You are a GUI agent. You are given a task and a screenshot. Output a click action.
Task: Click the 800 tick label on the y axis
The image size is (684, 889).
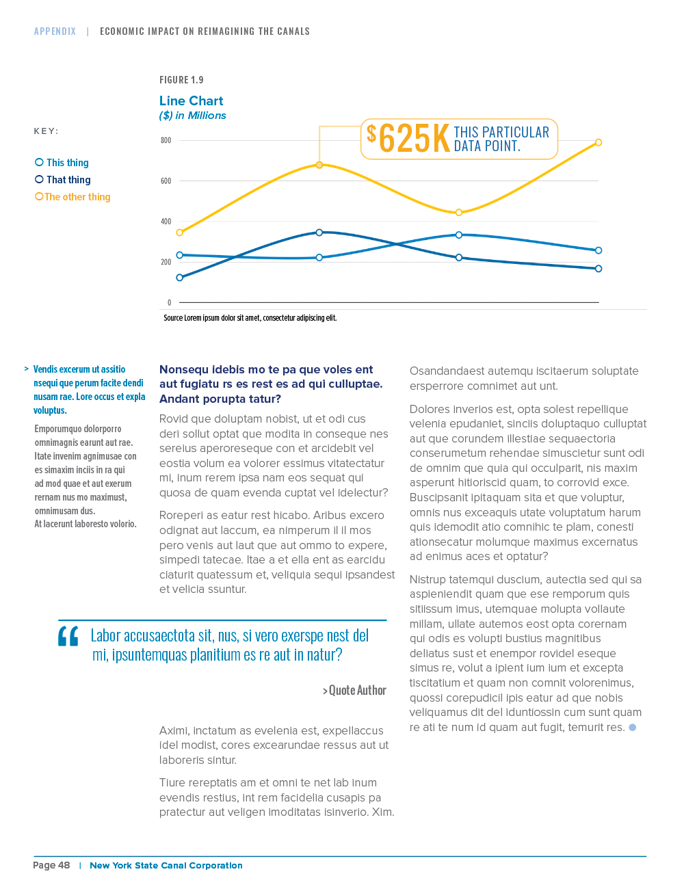pyautogui.click(x=166, y=141)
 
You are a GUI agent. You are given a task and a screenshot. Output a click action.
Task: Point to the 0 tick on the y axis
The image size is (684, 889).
pyautogui.click(x=170, y=303)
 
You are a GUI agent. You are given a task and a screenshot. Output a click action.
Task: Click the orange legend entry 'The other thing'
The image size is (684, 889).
pyautogui.click(x=73, y=197)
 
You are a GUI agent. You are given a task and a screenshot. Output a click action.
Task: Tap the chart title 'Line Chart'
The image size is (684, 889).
pyautogui.click(x=191, y=101)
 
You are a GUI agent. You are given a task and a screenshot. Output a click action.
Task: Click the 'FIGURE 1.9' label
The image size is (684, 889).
pyautogui.click(x=181, y=80)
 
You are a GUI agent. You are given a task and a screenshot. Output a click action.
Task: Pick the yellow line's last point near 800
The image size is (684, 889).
pyautogui.click(x=598, y=142)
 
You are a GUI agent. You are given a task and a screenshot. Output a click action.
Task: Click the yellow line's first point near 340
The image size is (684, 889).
pyautogui.click(x=180, y=233)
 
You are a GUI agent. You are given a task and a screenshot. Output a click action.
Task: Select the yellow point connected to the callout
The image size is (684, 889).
pyautogui.click(x=319, y=165)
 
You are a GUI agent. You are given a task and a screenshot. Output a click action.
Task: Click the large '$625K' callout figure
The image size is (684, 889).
pyautogui.click(x=408, y=139)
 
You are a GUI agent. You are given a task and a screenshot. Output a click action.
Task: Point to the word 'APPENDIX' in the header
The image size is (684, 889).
pyautogui.click(x=55, y=31)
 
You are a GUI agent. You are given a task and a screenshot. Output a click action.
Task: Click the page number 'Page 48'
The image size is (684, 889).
pyautogui.click(x=51, y=865)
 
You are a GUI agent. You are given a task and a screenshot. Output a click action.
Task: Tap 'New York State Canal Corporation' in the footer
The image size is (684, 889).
pyautogui.click(x=166, y=866)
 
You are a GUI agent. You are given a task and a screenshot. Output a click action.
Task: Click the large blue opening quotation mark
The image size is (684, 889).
pyautogui.click(x=68, y=636)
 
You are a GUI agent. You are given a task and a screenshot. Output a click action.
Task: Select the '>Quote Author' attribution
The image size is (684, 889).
pyautogui.click(x=354, y=691)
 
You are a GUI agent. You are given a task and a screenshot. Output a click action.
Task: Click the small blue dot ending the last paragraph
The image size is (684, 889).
pyautogui.click(x=633, y=728)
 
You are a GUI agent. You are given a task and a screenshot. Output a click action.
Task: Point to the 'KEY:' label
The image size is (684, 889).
pyautogui.click(x=47, y=131)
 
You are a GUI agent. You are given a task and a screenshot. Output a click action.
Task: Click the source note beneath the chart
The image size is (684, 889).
pyautogui.click(x=250, y=318)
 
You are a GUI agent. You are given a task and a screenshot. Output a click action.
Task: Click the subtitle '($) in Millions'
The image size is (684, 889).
pyautogui.click(x=193, y=116)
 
